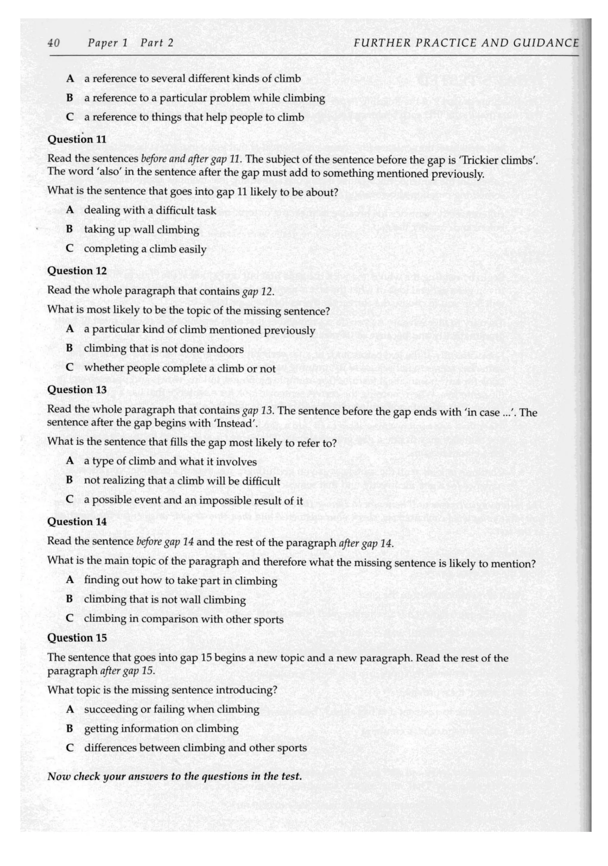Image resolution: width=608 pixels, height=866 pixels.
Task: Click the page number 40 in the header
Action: [53, 43]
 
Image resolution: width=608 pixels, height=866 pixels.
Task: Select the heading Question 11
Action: [77, 139]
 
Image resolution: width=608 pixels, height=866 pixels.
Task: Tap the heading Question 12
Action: [77, 271]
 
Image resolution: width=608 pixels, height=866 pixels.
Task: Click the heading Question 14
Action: [77, 522]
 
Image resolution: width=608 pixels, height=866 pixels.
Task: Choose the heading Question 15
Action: [77, 638]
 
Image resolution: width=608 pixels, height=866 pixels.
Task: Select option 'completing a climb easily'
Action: [145, 249]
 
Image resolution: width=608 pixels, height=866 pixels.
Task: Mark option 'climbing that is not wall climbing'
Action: [164, 599]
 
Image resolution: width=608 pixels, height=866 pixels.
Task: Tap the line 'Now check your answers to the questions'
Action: [174, 776]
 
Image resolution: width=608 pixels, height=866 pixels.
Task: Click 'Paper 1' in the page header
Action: [107, 43]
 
